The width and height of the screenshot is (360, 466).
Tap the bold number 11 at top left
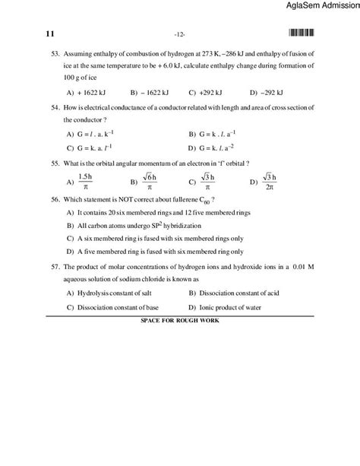(51, 33)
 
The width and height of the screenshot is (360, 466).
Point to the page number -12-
(180, 34)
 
